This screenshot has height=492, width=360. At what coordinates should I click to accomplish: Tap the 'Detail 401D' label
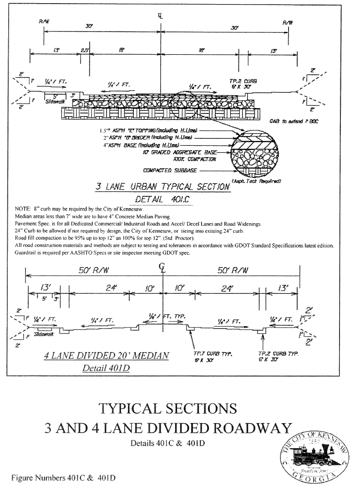(106, 368)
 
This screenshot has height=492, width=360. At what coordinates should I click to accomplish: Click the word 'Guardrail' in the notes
(26, 252)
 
